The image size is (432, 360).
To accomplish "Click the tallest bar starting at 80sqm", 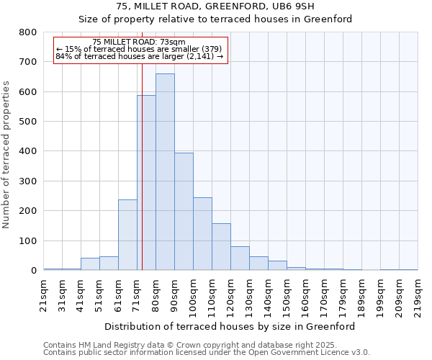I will [x=165, y=172].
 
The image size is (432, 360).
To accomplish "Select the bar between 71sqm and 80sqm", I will [x=146, y=183].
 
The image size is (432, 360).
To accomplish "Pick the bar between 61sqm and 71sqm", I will [x=127, y=235].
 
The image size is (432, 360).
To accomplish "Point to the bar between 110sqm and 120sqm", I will [x=221, y=247].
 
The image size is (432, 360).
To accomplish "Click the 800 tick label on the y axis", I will [x=27, y=32].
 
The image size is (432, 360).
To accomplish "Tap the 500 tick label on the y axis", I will [x=27, y=122].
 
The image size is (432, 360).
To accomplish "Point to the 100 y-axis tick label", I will [x=27, y=240].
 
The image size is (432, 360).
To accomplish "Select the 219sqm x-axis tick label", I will [x=418, y=295].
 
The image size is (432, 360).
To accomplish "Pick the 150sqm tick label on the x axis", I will [x=287, y=295].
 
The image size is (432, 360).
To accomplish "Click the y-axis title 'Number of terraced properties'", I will [x=7, y=154].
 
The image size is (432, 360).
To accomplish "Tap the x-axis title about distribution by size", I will [x=230, y=326].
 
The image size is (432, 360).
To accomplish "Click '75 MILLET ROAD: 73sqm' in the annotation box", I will [x=140, y=42].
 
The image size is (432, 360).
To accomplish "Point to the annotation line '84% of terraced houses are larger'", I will [x=140, y=56].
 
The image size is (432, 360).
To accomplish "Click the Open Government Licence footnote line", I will [x=207, y=353].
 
